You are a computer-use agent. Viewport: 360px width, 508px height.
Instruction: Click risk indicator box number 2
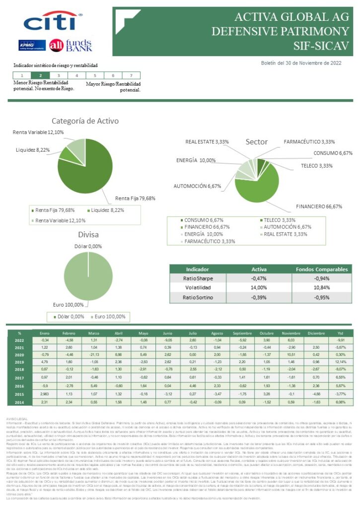pyautogui.click(x=40, y=75)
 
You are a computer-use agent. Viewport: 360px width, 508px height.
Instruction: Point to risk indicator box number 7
pyautogui.click(x=131, y=75)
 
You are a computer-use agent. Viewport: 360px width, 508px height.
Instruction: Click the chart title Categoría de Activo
pyautogui.click(x=85, y=121)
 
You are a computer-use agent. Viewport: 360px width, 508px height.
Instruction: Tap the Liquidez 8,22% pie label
pyautogui.click(x=33, y=149)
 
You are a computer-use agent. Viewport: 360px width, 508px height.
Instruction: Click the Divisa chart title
pyautogui.click(x=88, y=234)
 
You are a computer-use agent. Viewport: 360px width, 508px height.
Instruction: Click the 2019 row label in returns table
pyautogui.click(x=19, y=363)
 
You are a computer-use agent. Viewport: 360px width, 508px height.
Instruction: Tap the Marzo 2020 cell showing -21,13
pyautogui.click(x=94, y=355)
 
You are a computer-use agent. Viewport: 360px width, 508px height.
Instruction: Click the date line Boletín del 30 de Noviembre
pyautogui.click(x=301, y=63)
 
